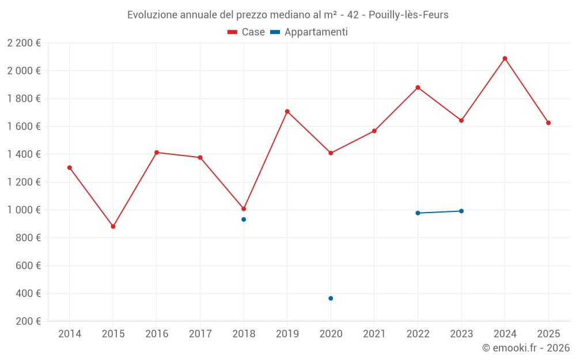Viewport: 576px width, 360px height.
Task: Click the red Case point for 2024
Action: pyautogui.click(x=505, y=58)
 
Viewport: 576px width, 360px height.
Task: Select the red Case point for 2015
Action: pyautogui.click(x=113, y=226)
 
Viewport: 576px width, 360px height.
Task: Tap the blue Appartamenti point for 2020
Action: pyautogui.click(x=331, y=298)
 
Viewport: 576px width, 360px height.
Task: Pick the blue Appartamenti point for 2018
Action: pyautogui.click(x=244, y=219)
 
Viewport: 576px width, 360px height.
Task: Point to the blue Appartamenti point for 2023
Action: pyautogui.click(x=461, y=211)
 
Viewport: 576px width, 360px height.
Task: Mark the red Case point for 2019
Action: pyautogui.click(x=287, y=111)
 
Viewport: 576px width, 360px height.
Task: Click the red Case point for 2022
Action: pyautogui.click(x=418, y=88)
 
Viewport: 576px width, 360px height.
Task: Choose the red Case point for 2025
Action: pyautogui.click(x=548, y=123)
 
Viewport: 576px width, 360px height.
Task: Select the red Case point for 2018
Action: pyautogui.click(x=244, y=209)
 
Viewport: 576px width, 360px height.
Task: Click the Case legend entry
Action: pyautogui.click(x=247, y=32)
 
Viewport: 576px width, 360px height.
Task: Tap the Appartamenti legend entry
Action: pyautogui.click(x=309, y=32)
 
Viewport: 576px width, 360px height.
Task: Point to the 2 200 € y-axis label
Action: pyautogui.click(x=24, y=43)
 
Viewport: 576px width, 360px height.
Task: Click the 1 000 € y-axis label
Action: pyautogui.click(x=24, y=210)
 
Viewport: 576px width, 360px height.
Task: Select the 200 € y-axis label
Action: pyautogui.click(x=29, y=321)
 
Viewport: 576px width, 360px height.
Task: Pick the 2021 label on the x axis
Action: pyautogui.click(x=374, y=334)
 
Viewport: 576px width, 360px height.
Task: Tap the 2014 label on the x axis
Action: pyautogui.click(x=70, y=334)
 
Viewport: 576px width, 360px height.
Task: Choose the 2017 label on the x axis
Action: pyautogui.click(x=200, y=334)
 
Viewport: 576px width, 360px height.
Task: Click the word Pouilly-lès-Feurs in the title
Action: pyautogui.click(x=408, y=14)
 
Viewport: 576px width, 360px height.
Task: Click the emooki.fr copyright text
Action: pyautogui.click(x=526, y=348)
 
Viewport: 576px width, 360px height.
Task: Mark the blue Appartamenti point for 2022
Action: pyautogui.click(x=418, y=213)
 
